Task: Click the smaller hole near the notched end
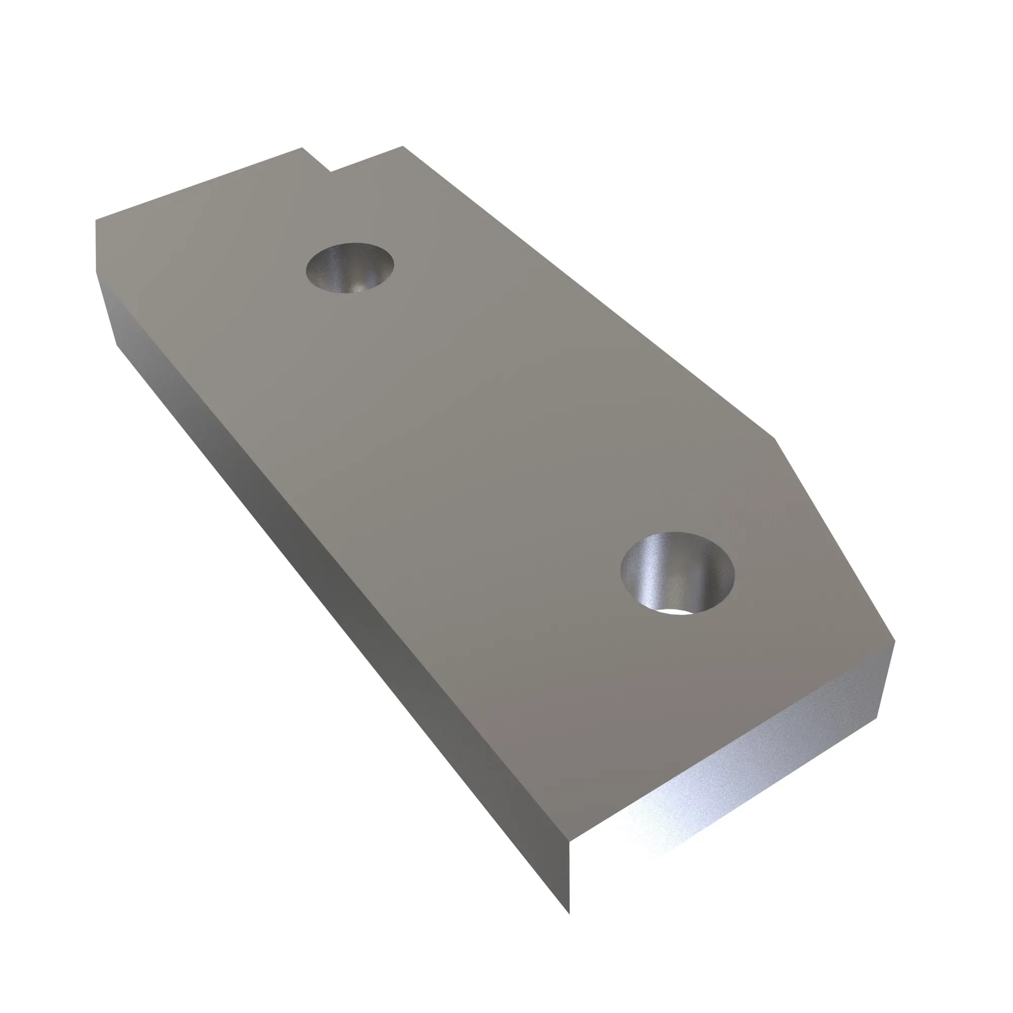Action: point(349,267)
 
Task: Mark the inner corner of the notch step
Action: point(330,172)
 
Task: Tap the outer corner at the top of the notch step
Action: point(302,148)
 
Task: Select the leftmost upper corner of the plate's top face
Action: point(95,220)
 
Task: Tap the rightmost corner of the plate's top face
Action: point(894,641)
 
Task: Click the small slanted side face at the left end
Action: point(107,309)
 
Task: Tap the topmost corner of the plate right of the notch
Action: point(402,146)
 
